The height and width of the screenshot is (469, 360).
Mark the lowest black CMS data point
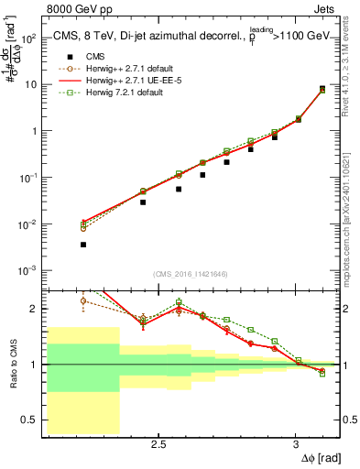pyautogui.click(x=83, y=245)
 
